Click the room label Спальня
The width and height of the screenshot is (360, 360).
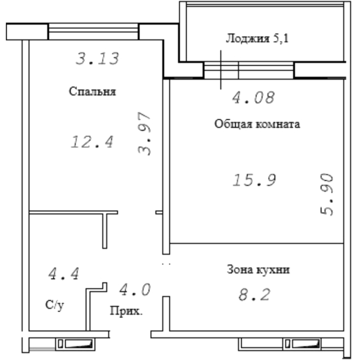tap(92, 91)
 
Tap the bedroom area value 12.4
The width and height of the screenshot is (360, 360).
tap(92, 142)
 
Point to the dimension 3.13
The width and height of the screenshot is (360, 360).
tap(98, 58)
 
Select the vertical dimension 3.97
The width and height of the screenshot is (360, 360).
tap(144, 133)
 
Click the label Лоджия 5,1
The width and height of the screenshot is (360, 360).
tap(257, 38)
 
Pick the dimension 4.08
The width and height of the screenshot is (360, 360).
tap(253, 98)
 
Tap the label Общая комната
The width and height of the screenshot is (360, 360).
tap(257, 124)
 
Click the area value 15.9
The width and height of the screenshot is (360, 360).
tap(254, 180)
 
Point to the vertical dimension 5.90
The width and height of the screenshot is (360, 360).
tap(327, 194)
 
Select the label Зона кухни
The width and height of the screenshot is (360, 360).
tap(258, 269)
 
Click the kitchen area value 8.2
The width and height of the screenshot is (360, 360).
tap(254, 294)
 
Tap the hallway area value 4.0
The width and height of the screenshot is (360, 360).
tap(135, 290)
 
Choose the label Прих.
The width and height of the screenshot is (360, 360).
tap(126, 311)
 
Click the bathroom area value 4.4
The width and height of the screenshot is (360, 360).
tap(64, 273)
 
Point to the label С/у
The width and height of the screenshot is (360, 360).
tap(55, 305)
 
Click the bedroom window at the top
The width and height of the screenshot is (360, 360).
tap(94, 32)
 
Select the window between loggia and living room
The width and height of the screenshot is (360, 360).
tap(249, 70)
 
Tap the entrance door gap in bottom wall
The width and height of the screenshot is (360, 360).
tap(130, 334)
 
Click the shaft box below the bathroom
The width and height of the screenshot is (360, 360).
tap(76, 344)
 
